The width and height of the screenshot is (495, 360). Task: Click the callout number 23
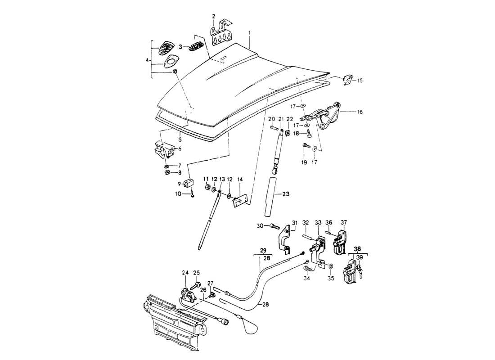(286, 194)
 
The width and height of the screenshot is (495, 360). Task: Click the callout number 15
(360, 81)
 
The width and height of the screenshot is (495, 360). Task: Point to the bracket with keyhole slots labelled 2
(220, 36)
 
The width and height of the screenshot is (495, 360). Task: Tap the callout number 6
(179, 149)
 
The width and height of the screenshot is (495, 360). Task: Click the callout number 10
(178, 194)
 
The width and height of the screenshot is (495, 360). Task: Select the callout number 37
(344, 222)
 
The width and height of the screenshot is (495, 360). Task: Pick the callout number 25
(196, 273)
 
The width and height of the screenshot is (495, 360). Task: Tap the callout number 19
(304, 162)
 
